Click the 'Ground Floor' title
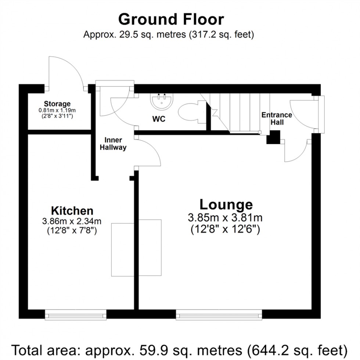pyautogui.click(x=171, y=19)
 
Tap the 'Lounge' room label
pyautogui.click(x=226, y=204)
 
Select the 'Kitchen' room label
pyautogui.click(x=72, y=211)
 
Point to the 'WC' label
pyautogui.click(x=159, y=119)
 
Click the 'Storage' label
pyautogui.click(x=57, y=104)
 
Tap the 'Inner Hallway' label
pyautogui.click(x=115, y=144)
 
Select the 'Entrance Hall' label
pyautogui.click(x=277, y=118)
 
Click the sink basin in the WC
pyautogui.click(x=162, y=102)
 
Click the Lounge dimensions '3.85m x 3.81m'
pyautogui.click(x=225, y=217)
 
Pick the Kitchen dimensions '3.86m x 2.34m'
pyautogui.click(x=72, y=222)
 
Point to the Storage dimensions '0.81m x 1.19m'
pyautogui.click(x=57, y=110)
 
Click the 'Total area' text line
pyautogui.click(x=180, y=348)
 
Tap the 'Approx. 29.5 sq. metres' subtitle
pyautogui.click(x=169, y=35)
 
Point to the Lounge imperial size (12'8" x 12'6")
pyautogui.click(x=225, y=229)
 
